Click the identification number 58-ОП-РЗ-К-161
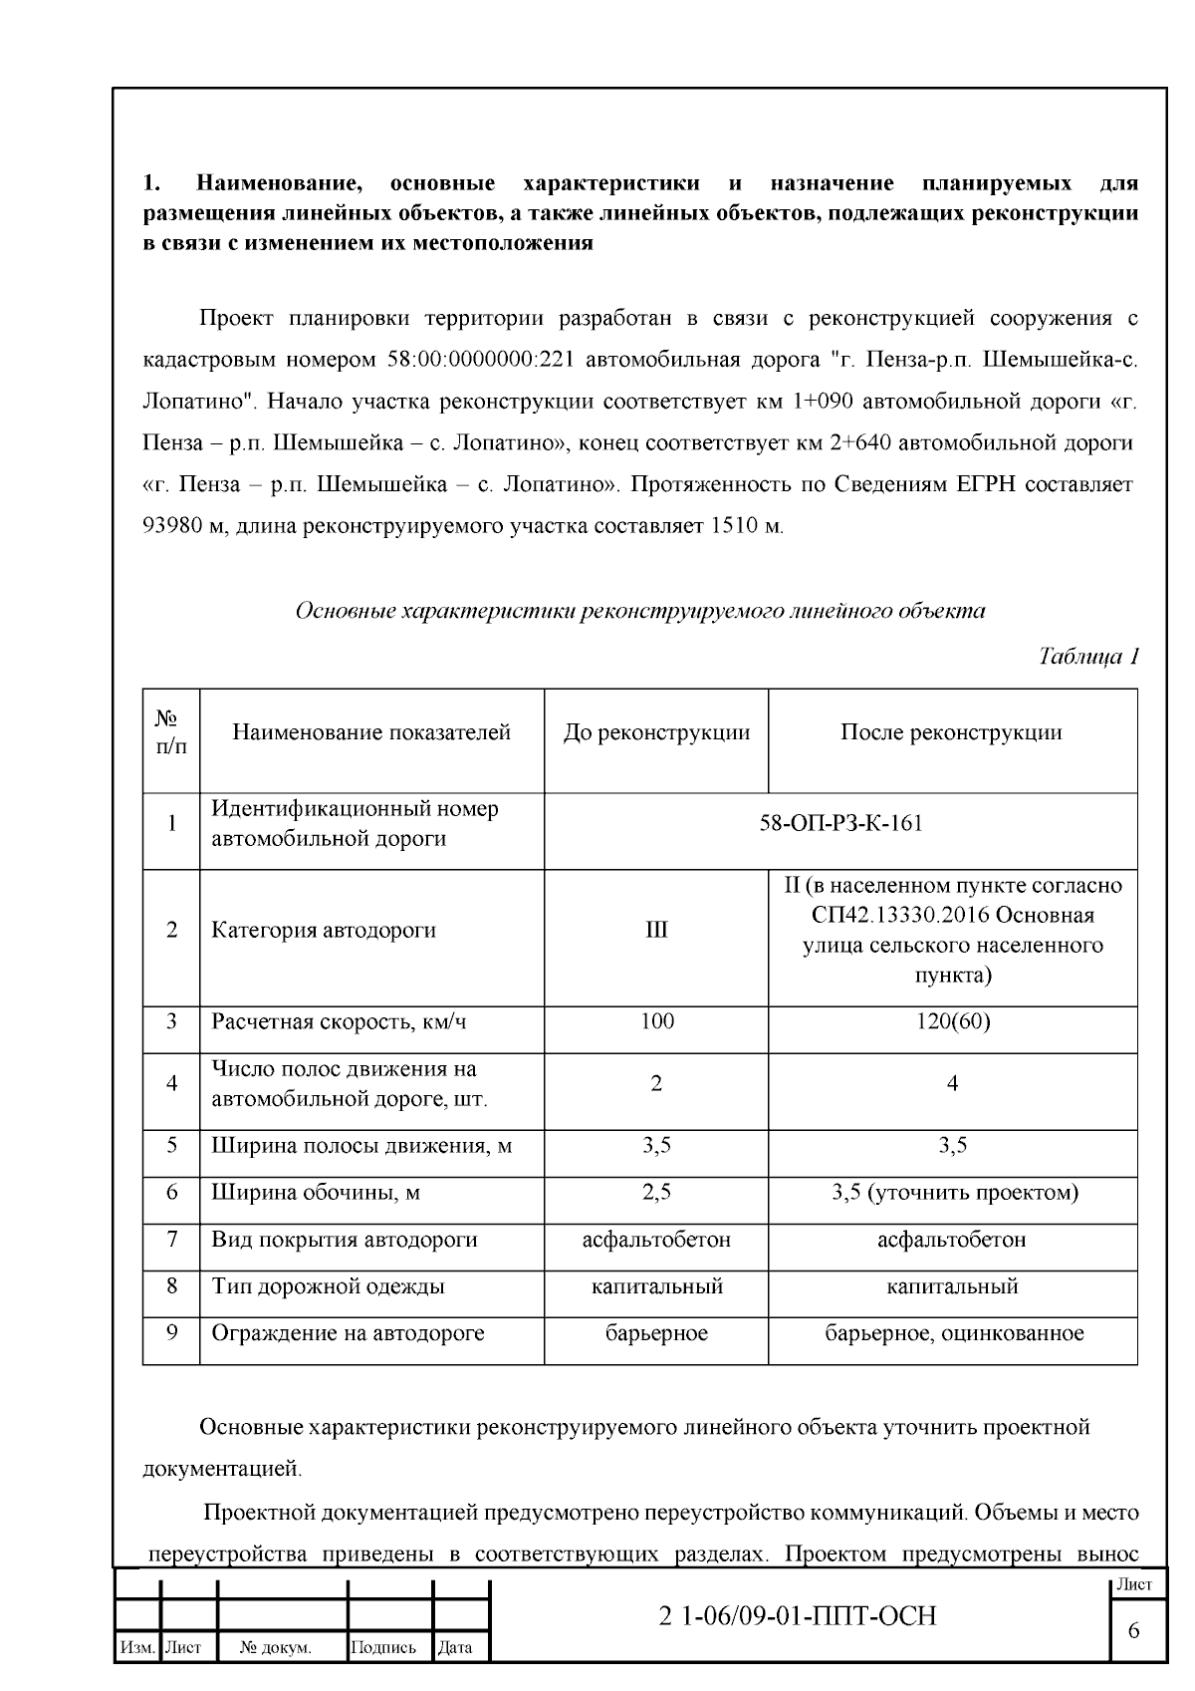[840, 823]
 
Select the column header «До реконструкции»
[656, 732]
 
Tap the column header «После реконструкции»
[951, 732]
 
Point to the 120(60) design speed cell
[952, 1021]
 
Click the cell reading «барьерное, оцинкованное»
[953, 1333]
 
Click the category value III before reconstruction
[656, 930]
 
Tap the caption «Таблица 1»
[1087, 656]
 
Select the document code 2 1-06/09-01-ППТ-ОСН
[798, 1615]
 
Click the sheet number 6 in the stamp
[1133, 1630]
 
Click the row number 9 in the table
[171, 1332]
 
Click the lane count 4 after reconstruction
[952, 1084]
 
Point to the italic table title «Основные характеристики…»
[640, 611]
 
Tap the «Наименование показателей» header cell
[371, 732]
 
